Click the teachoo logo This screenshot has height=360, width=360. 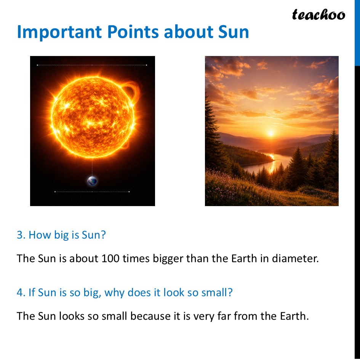[318, 15]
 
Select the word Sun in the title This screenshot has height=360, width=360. [233, 32]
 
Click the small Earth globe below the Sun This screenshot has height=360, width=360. [92, 181]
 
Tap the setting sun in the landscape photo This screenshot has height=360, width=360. [271, 133]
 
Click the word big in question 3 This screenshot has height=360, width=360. [61, 235]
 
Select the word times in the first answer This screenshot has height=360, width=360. [138, 259]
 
